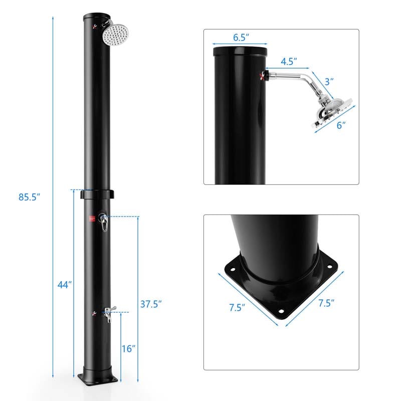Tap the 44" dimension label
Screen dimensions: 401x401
point(65,284)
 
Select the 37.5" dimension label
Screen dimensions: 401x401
point(150,304)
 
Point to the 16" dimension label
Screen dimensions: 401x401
point(129,349)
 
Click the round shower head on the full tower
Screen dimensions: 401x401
point(117,35)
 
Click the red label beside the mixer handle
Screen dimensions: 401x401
point(92,218)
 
